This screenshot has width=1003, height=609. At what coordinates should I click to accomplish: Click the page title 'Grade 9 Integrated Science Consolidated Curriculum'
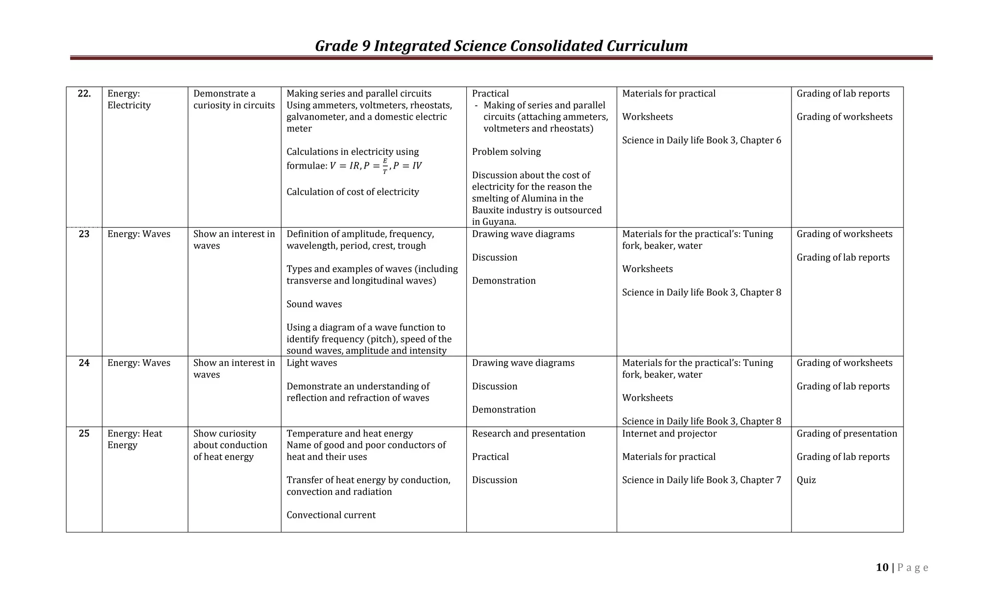coord(501,46)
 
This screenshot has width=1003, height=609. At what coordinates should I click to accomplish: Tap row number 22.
coord(84,94)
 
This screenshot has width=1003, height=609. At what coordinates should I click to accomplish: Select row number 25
coord(84,434)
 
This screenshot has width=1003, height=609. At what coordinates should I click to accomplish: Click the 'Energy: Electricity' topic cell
coord(129,99)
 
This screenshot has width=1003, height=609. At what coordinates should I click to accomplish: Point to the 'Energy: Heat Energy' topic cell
coord(135,439)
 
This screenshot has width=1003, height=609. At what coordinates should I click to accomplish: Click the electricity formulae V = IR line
coord(354,166)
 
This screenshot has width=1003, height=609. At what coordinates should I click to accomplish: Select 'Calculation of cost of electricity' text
coord(353,192)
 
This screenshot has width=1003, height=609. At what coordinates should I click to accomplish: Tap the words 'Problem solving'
coord(506,152)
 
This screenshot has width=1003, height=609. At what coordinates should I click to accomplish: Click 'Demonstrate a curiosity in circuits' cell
coord(234,99)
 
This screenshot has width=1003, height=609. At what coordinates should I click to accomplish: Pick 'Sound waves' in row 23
coord(314,304)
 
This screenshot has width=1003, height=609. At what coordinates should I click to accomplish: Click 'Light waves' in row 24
coord(311,363)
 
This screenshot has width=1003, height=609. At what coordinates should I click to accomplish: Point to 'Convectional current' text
coord(331,515)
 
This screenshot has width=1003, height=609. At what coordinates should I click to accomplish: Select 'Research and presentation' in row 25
coord(528,434)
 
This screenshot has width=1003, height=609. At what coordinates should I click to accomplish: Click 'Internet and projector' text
coord(669,434)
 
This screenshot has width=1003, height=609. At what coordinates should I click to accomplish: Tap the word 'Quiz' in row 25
coord(806,480)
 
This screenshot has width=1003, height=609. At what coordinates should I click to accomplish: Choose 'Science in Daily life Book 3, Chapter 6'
coord(701,141)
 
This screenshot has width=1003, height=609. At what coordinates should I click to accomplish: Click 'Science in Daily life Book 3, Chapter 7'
coord(701,480)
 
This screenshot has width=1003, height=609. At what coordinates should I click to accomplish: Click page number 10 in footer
coord(882,567)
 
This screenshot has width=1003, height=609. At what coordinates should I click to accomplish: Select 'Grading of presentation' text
coord(847,434)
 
